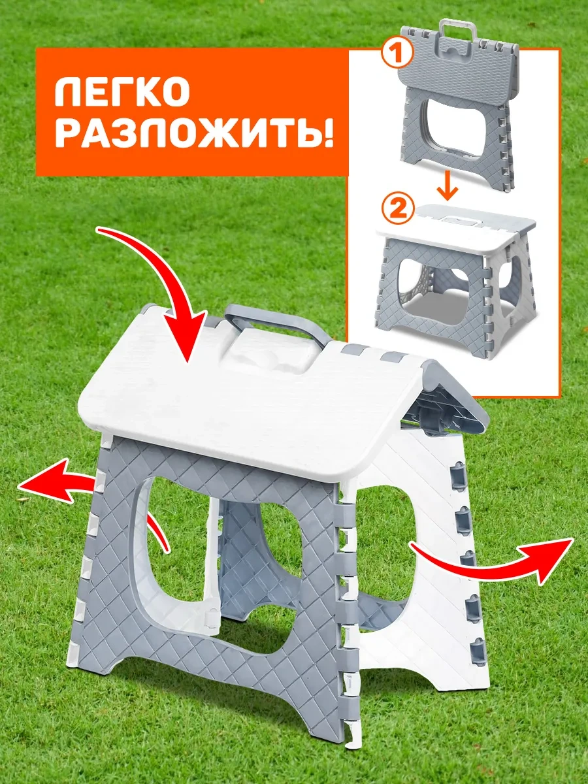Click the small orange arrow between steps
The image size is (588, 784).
(x=448, y=186)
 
